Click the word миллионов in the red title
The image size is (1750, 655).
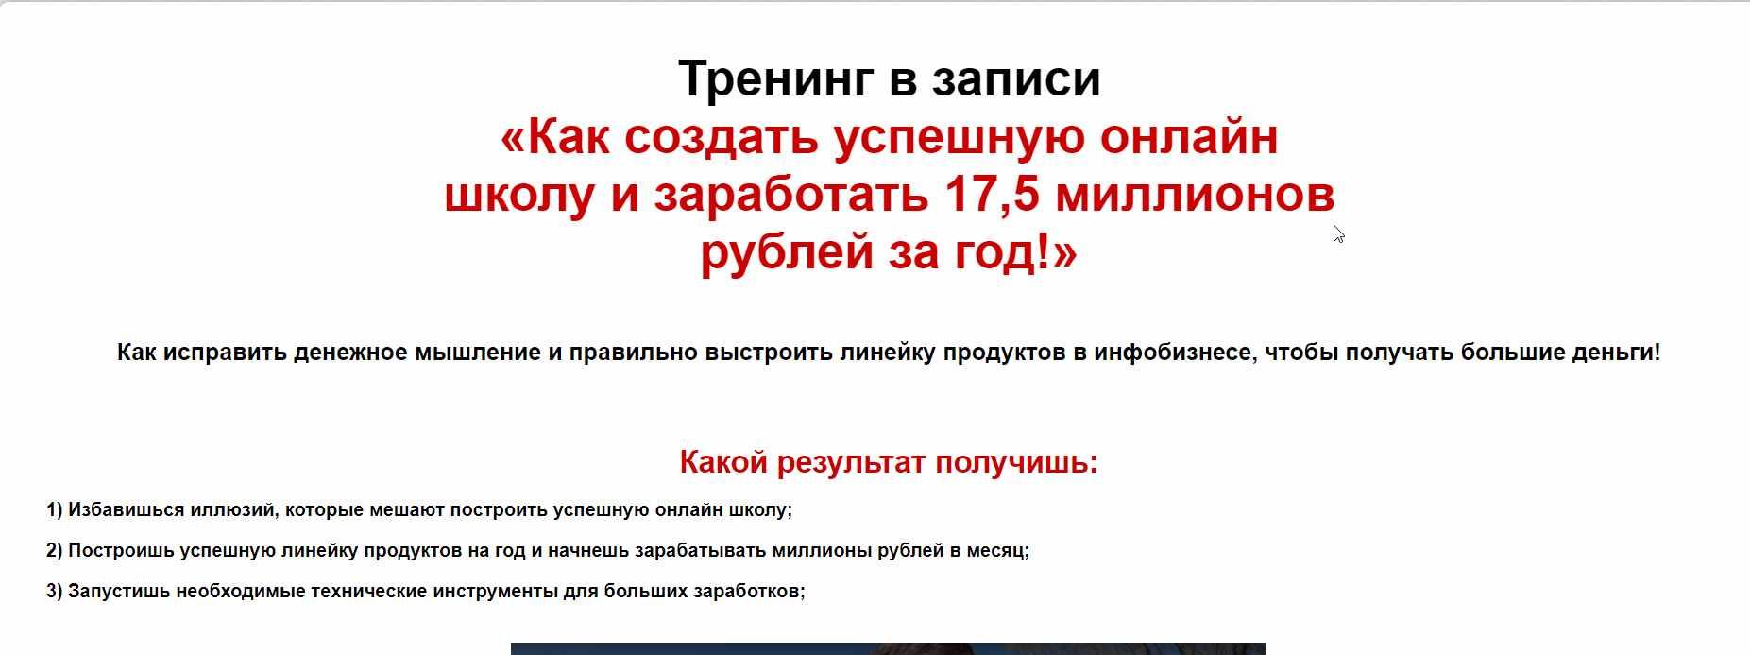tap(1195, 195)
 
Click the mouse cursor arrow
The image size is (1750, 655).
tap(1338, 234)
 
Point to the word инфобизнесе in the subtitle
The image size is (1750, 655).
tap(1176, 353)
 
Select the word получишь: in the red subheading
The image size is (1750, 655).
tap(1016, 463)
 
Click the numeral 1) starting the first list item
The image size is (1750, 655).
tap(54, 510)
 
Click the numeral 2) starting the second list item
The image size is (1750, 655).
tap(54, 551)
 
